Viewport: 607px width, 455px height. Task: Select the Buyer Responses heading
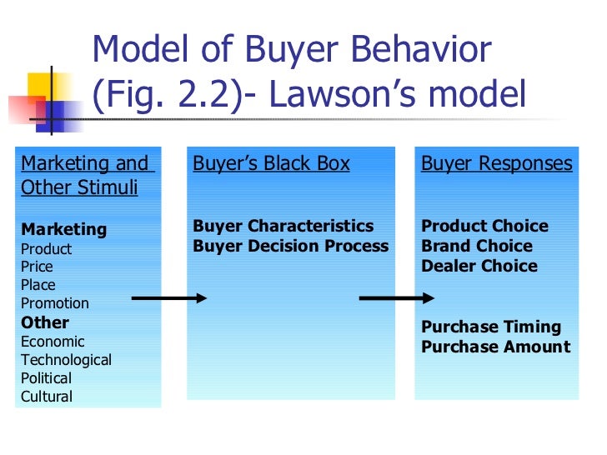497,163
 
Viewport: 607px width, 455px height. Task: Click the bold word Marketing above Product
63,229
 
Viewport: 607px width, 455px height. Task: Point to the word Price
37,267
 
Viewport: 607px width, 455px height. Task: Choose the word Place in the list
38,285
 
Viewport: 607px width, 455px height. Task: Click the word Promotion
54,303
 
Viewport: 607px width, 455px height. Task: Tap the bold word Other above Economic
45,322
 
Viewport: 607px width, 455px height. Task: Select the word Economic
53,342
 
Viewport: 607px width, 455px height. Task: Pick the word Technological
66,360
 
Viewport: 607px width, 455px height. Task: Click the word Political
46,378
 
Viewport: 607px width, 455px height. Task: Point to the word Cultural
47,397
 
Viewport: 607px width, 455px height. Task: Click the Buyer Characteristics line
283,226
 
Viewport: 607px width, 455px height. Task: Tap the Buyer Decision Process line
291,246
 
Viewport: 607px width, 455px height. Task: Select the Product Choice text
484,226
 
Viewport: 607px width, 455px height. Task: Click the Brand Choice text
476,246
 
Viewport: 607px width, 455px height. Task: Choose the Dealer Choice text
479,266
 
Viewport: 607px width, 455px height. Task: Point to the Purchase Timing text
491,327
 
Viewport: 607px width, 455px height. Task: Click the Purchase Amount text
495,347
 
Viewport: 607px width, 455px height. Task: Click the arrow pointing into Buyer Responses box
396,298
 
